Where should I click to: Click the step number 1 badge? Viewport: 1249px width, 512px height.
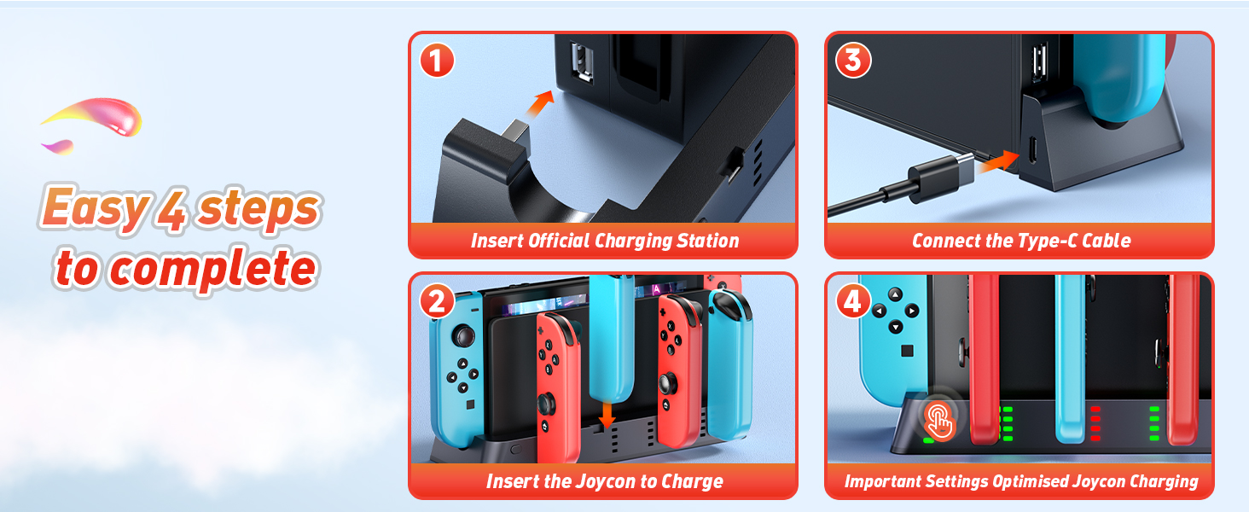point(437,61)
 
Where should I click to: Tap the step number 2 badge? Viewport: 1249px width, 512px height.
point(437,301)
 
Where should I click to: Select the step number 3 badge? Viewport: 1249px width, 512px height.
point(853,61)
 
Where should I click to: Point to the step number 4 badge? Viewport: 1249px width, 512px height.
point(853,301)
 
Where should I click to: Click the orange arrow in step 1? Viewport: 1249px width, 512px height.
point(540,104)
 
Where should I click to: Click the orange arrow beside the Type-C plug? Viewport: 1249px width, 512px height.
point(998,162)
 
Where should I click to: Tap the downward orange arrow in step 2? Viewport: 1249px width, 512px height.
point(607,415)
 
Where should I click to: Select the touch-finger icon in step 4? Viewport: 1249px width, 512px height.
point(939,421)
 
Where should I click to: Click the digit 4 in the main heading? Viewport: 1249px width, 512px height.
point(171,210)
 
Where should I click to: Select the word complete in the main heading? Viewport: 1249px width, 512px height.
point(214,269)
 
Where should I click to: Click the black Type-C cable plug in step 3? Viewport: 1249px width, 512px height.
point(941,177)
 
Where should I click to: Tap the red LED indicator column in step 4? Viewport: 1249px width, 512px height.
point(1095,424)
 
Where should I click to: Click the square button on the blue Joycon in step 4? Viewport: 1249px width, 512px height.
point(907,351)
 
